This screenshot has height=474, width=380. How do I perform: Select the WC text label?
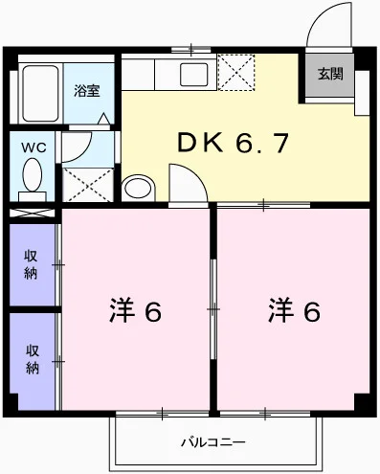click(x=34, y=148)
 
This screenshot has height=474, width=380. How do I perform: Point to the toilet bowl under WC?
click(x=34, y=179)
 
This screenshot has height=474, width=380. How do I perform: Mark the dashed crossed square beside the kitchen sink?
click(x=235, y=73)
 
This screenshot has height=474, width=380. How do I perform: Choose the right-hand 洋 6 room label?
click(x=293, y=311)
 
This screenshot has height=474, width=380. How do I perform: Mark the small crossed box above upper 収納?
click(x=34, y=212)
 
